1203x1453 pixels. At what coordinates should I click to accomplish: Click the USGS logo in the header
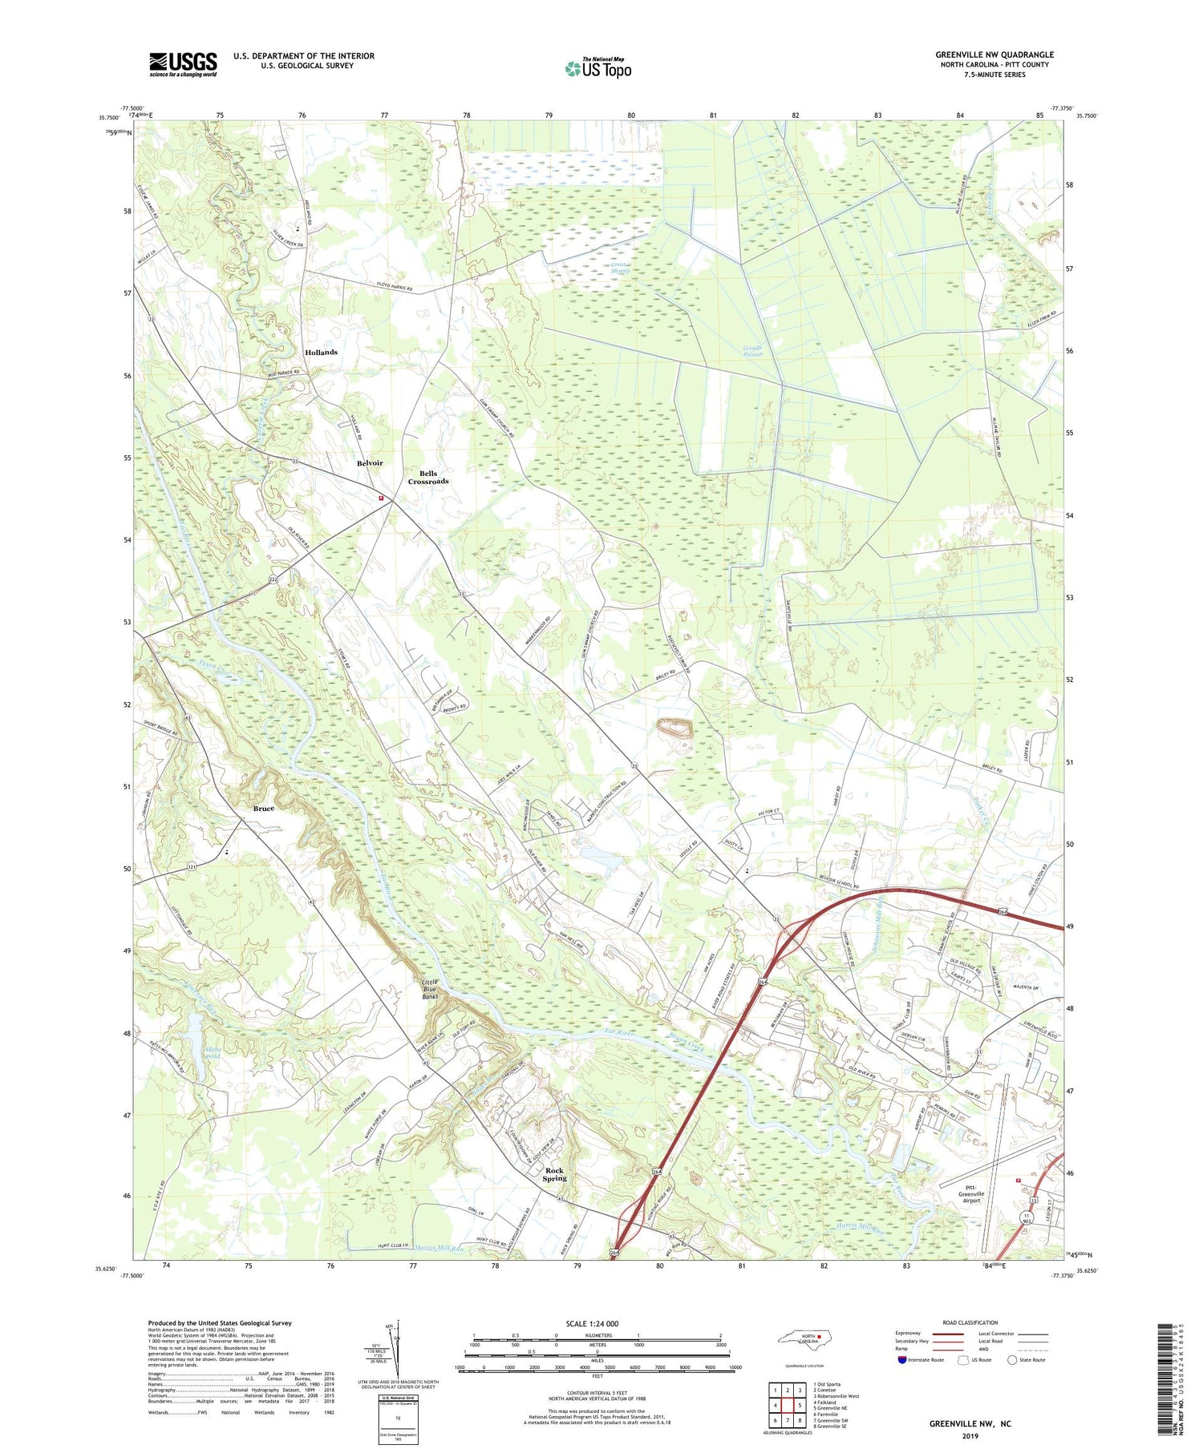183,64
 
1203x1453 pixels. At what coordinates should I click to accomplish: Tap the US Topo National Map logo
597,68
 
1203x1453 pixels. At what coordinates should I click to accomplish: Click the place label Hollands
321,353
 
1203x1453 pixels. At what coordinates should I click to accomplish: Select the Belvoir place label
370,463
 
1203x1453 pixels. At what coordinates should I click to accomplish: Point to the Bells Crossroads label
428,478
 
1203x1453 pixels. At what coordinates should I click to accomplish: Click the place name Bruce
263,809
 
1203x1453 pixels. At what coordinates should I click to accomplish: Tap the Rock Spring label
554,1175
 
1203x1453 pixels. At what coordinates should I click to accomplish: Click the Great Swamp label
621,268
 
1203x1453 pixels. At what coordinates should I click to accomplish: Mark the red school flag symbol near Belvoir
381,498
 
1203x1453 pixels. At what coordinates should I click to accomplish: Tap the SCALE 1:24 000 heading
592,1323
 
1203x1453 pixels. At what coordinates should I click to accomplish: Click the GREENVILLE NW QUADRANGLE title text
994,54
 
